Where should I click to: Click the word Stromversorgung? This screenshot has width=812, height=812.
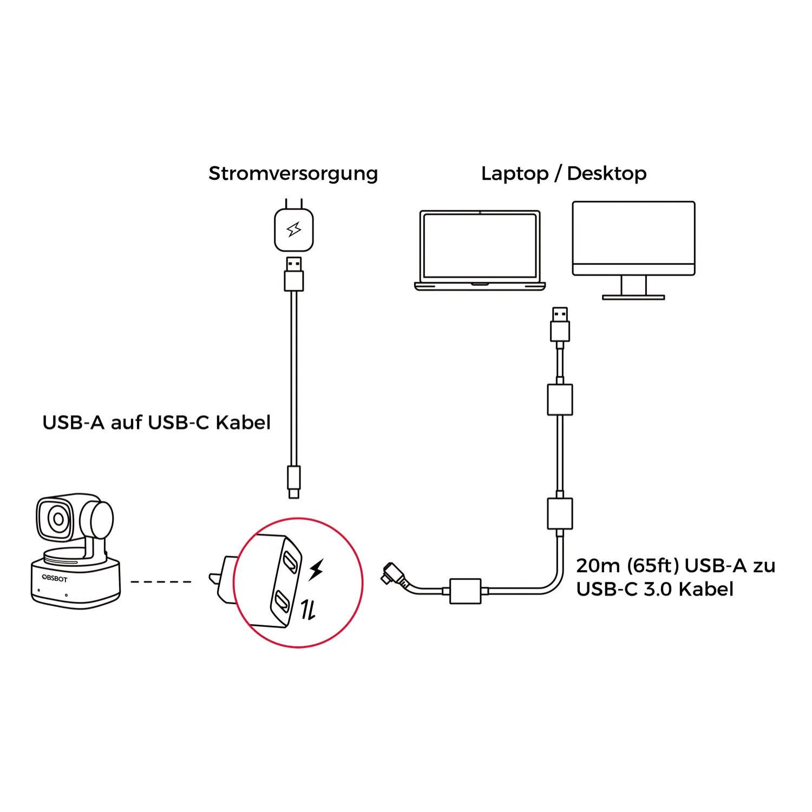(293, 174)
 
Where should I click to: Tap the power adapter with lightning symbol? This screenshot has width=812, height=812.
(294, 230)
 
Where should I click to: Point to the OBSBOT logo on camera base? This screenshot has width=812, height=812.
(55, 579)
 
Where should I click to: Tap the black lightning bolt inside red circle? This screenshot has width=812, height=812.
(316, 569)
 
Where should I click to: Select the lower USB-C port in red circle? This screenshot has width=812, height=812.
(283, 600)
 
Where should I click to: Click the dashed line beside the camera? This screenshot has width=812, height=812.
(161, 582)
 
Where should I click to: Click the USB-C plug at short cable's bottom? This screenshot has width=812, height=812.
(293, 481)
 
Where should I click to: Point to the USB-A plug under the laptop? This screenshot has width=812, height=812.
(560, 324)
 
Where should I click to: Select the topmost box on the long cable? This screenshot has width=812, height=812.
(560, 400)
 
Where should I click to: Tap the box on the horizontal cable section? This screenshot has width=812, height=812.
(465, 591)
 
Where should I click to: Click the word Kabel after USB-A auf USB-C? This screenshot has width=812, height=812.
(243, 422)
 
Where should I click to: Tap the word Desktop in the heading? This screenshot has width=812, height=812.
(606, 174)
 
